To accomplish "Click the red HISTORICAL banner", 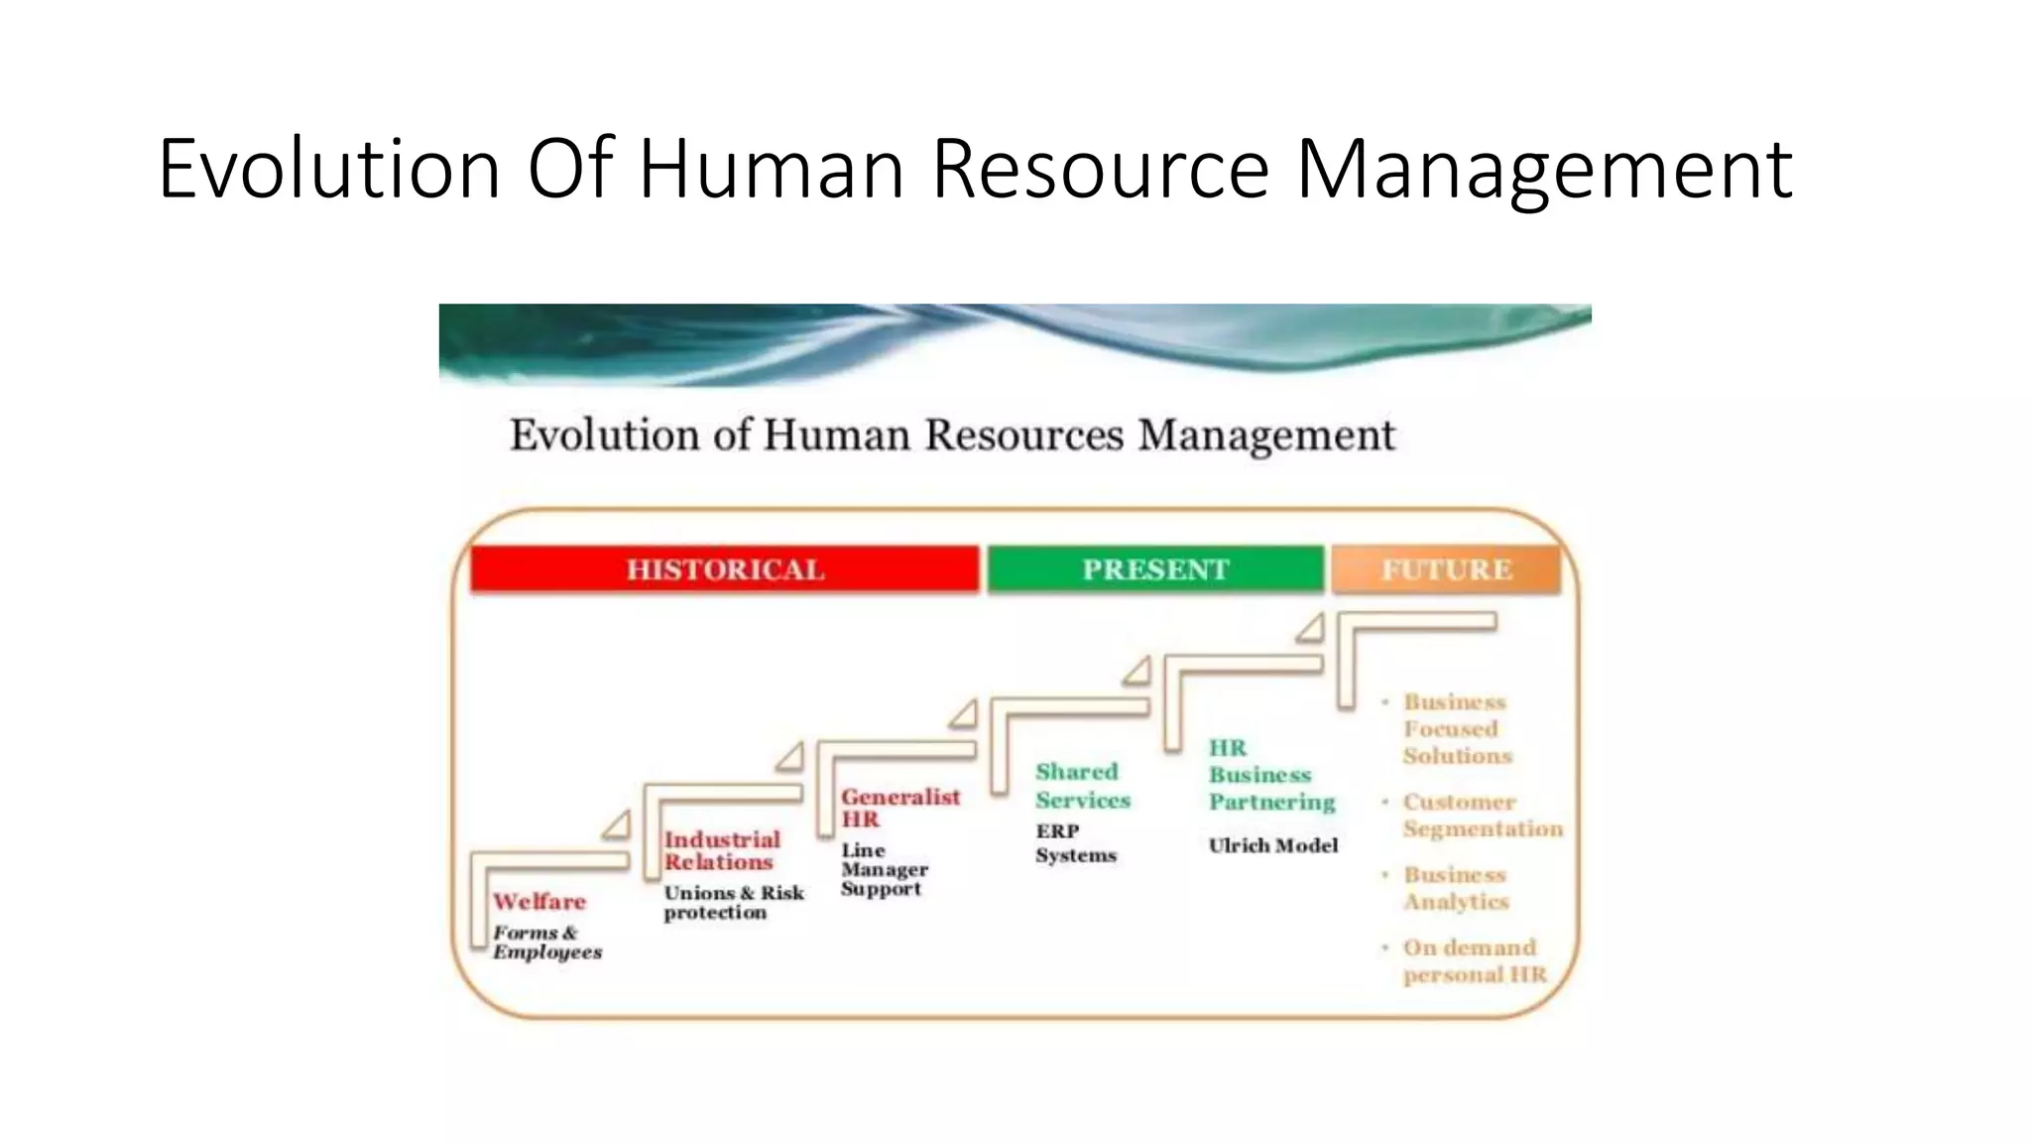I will (x=725, y=570).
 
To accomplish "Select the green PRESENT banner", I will (x=1155, y=570).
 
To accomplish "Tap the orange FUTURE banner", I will (x=1446, y=570).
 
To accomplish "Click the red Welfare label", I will (x=539, y=902).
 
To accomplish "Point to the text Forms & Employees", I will (x=547, y=943).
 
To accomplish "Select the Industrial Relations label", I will (x=722, y=851).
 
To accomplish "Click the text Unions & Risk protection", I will (x=733, y=903).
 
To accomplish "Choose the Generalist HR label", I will (x=899, y=808).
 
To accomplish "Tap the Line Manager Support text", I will (x=884, y=869).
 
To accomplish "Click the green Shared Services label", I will (x=1083, y=786).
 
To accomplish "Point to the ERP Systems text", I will (x=1075, y=843).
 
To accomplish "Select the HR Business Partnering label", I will (x=1271, y=775).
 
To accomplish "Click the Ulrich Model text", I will (x=1273, y=845).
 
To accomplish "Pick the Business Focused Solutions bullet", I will (x=1457, y=729).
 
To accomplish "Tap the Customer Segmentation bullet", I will (x=1482, y=816).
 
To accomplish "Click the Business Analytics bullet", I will (x=1456, y=888).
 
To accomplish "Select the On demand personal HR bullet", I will (x=1474, y=961).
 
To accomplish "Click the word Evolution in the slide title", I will (x=329, y=169).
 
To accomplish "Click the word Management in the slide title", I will (x=1544, y=169).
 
